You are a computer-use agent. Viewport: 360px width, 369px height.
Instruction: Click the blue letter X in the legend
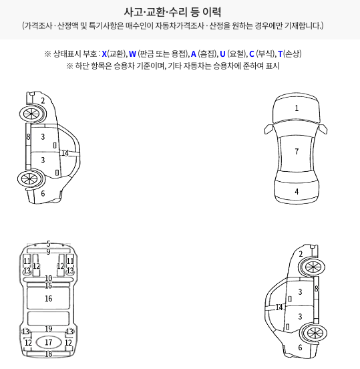104,54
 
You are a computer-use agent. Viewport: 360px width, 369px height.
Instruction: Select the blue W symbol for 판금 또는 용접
132,54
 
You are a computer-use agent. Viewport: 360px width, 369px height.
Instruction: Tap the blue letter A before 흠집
194,54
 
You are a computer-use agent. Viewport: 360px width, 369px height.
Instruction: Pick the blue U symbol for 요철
222,54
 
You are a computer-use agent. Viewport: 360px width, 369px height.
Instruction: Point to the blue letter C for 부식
252,54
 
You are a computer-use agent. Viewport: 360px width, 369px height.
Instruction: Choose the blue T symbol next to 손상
280,54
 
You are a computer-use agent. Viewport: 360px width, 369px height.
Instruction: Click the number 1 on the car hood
297,108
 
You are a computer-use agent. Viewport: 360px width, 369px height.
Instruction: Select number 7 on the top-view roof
297,151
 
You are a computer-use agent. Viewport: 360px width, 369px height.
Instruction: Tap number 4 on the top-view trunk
297,192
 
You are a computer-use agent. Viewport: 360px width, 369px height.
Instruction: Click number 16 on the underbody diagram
49,298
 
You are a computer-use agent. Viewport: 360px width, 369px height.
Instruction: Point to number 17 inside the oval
49,342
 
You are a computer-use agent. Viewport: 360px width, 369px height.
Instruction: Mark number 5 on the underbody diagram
49,243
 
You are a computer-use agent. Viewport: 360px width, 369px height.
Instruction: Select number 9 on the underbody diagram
49,252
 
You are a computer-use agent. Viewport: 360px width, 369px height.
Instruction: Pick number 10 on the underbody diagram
49,278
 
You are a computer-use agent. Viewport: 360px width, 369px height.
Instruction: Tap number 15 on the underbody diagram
49,285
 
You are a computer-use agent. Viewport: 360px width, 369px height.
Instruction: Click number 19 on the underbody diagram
49,328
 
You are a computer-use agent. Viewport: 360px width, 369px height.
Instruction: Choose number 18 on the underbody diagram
49,354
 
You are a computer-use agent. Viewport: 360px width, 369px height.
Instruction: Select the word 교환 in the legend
116,54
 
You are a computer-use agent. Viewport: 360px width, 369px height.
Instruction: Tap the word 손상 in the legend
292,54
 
